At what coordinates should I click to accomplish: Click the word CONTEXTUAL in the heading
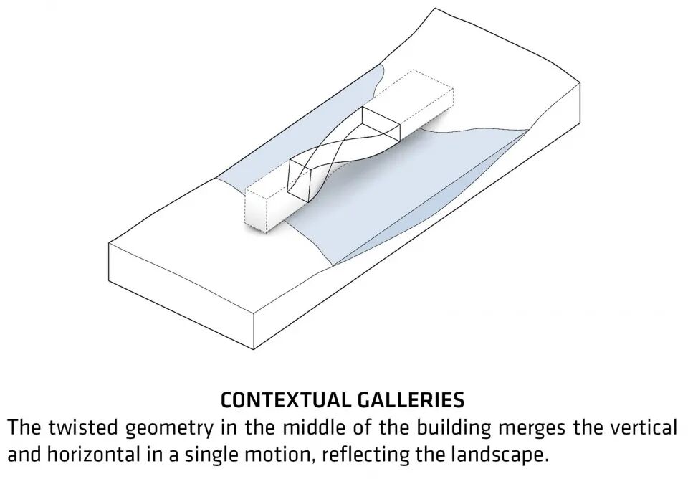tap(281, 399)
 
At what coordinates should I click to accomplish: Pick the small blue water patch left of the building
tap(236, 179)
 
